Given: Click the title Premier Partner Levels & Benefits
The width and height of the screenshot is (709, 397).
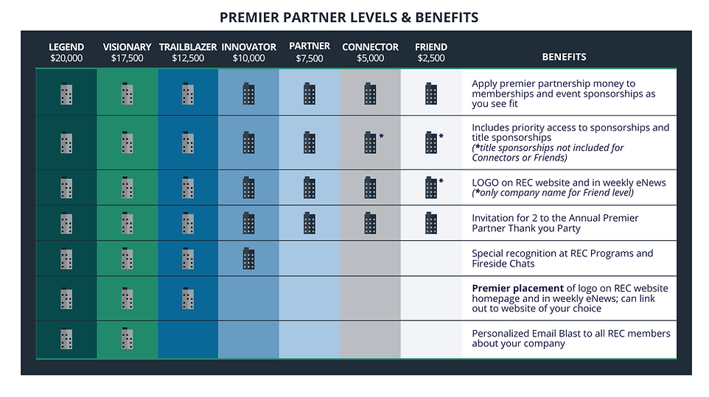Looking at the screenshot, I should click(349, 17).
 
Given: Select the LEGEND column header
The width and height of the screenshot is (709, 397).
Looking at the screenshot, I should click(66, 47).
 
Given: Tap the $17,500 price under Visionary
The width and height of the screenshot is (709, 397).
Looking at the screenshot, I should click(127, 58).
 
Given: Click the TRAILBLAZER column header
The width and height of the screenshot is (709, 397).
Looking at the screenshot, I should click(188, 47).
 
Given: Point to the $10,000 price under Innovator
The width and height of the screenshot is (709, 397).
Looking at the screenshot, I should click(248, 58).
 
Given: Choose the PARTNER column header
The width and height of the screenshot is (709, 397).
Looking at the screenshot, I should click(310, 46).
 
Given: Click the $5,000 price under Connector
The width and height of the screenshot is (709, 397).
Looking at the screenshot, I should click(370, 58).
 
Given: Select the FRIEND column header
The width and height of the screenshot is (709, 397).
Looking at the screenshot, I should click(430, 47).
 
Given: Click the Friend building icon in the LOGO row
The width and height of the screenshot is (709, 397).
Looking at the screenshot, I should click(430, 187).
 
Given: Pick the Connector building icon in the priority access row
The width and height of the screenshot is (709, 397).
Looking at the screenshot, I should click(370, 142).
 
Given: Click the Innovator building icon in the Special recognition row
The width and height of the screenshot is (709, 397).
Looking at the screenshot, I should click(248, 258).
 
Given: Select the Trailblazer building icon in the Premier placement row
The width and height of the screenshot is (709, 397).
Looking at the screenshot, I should click(188, 298).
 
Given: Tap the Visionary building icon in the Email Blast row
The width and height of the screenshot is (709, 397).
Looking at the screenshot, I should click(127, 338).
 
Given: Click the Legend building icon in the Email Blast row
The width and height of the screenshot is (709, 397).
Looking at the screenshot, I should click(66, 338).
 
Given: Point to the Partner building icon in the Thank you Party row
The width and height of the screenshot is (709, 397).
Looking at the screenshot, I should click(310, 222).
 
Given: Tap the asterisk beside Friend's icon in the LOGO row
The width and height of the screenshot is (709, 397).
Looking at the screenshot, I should click(441, 181).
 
